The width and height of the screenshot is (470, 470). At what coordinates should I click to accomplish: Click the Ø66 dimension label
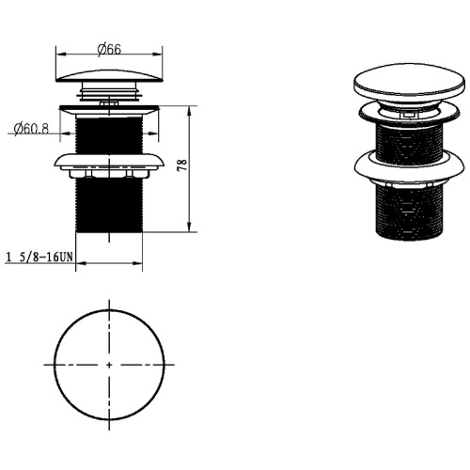tap(109, 50)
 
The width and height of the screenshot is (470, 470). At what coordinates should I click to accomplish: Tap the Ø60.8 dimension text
tap(31, 129)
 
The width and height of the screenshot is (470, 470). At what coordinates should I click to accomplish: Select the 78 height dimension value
tap(182, 164)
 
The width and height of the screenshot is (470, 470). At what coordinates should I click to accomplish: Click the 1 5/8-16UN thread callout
tap(39, 258)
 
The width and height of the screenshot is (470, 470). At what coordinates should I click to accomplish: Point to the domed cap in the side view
tap(109, 76)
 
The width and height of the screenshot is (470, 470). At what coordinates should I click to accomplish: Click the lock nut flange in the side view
tap(109, 161)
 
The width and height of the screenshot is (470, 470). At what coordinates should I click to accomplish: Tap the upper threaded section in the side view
tap(109, 134)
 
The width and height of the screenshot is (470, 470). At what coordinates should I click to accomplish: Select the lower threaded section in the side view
tap(109, 205)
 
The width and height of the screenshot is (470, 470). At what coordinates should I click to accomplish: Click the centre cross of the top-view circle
tap(109, 365)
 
